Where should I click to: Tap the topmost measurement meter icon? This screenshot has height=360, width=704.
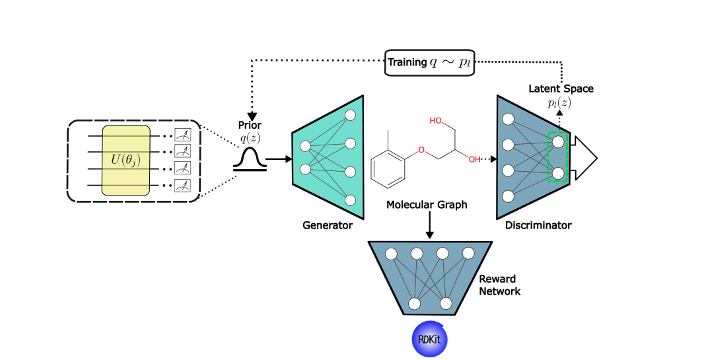(182, 135)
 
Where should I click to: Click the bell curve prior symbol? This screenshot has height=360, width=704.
(250, 161)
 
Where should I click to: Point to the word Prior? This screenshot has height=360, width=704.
(250, 124)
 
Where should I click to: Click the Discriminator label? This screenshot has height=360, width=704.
(538, 226)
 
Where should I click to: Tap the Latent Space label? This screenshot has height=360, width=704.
(561, 88)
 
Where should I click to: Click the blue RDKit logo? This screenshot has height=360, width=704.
(430, 339)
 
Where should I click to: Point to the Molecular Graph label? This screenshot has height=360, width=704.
(427, 205)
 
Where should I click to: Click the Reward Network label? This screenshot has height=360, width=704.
(499, 285)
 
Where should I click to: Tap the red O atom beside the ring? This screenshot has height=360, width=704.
(421, 150)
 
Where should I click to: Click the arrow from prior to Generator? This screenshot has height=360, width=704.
(277, 159)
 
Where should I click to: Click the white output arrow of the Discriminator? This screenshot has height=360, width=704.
(585, 158)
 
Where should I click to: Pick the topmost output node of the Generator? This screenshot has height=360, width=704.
(351, 115)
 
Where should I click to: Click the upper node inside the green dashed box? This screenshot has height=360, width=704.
(558, 141)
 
